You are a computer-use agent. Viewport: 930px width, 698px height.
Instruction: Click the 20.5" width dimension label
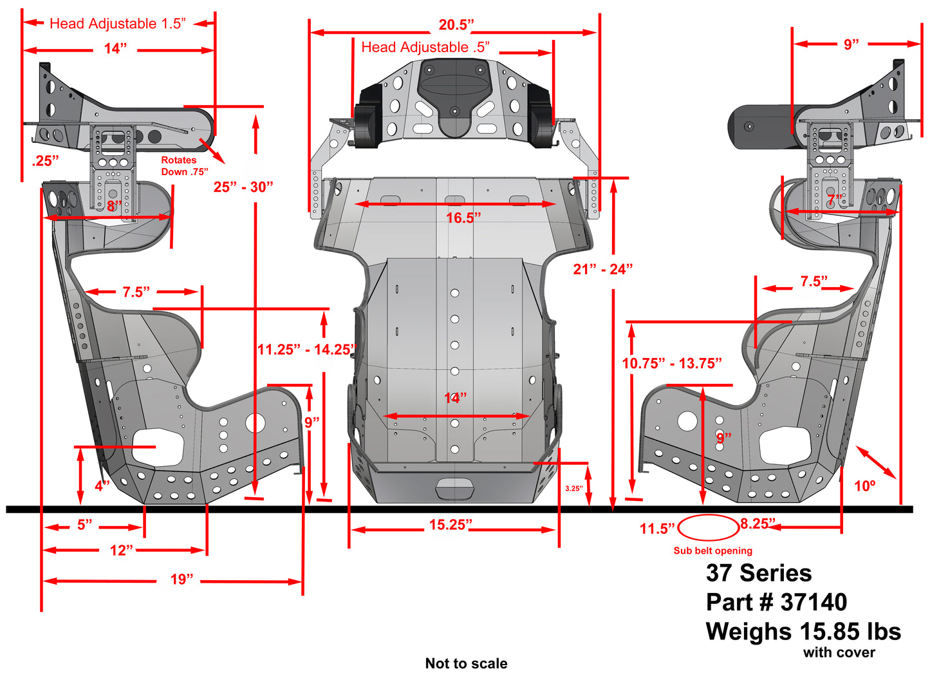[x=456, y=25]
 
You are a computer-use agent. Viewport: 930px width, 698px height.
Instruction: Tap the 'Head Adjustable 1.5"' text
[x=118, y=24]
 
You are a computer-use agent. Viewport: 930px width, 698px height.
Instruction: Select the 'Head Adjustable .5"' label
[x=425, y=48]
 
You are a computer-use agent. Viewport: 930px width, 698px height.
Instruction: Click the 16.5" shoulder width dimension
[x=463, y=218]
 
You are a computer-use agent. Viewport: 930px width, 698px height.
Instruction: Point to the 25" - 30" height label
[x=243, y=187]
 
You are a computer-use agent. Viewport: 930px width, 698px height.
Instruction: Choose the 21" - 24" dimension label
[x=603, y=269]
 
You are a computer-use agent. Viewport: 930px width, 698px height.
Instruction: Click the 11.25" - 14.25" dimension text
[x=306, y=350]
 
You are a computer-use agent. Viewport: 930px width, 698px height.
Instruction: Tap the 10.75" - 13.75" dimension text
[x=672, y=363]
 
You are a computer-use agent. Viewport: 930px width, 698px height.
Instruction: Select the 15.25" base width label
[x=451, y=525]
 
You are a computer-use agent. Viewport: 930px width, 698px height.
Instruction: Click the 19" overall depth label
[x=181, y=580]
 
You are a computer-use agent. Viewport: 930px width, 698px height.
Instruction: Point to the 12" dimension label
[x=122, y=550]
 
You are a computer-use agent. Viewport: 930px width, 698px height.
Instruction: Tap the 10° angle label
[x=864, y=486]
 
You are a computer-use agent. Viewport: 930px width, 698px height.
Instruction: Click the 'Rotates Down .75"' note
[x=184, y=166]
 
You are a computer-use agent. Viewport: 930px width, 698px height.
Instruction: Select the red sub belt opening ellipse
[x=708, y=528]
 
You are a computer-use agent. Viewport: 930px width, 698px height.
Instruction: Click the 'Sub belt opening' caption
[x=712, y=551]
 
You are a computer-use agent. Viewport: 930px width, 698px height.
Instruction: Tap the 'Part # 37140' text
[x=776, y=602]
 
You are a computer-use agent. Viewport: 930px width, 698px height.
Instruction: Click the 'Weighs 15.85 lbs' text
[x=803, y=632]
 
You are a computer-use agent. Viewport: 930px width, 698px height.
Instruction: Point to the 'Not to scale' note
[x=466, y=663]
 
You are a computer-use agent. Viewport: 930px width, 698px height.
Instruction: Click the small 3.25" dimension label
[x=573, y=489]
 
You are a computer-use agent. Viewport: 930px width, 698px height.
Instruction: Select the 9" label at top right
[x=851, y=44]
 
